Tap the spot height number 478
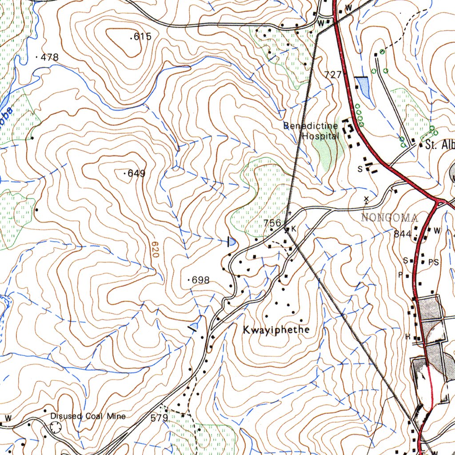pos(49,57)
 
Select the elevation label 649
pos(136,174)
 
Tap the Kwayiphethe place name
pos(275,330)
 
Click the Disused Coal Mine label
pos(88,416)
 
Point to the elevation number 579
pos(159,418)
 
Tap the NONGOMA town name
pos(390,218)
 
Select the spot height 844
pos(402,234)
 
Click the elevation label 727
pos(333,75)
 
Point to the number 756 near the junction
pos(272,223)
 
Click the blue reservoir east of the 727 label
pos(363,87)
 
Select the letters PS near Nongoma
pos(433,263)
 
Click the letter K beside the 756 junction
pos(293,229)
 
